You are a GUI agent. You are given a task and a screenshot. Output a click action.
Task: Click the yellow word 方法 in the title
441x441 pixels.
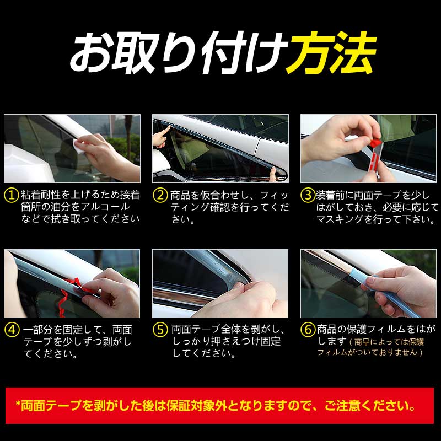click(x=331, y=52)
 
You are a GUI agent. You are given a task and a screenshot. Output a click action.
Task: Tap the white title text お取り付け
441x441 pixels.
click(x=178, y=52)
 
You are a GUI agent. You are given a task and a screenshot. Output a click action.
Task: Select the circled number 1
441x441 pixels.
click(x=12, y=195)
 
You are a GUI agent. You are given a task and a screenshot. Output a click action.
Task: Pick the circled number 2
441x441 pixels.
click(x=160, y=195)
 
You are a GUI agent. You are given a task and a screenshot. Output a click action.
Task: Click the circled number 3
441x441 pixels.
click(x=308, y=195)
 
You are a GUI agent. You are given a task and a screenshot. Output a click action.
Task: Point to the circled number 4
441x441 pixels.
click(x=12, y=329)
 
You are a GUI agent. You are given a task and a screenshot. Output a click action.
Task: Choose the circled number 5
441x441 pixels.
click(x=160, y=329)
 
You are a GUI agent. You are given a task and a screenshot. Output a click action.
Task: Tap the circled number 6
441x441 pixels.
click(x=308, y=329)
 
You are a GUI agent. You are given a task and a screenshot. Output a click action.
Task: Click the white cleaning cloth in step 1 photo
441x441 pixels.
click(x=79, y=145)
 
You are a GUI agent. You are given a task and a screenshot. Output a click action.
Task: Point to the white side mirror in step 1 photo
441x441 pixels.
click(x=26, y=163)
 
